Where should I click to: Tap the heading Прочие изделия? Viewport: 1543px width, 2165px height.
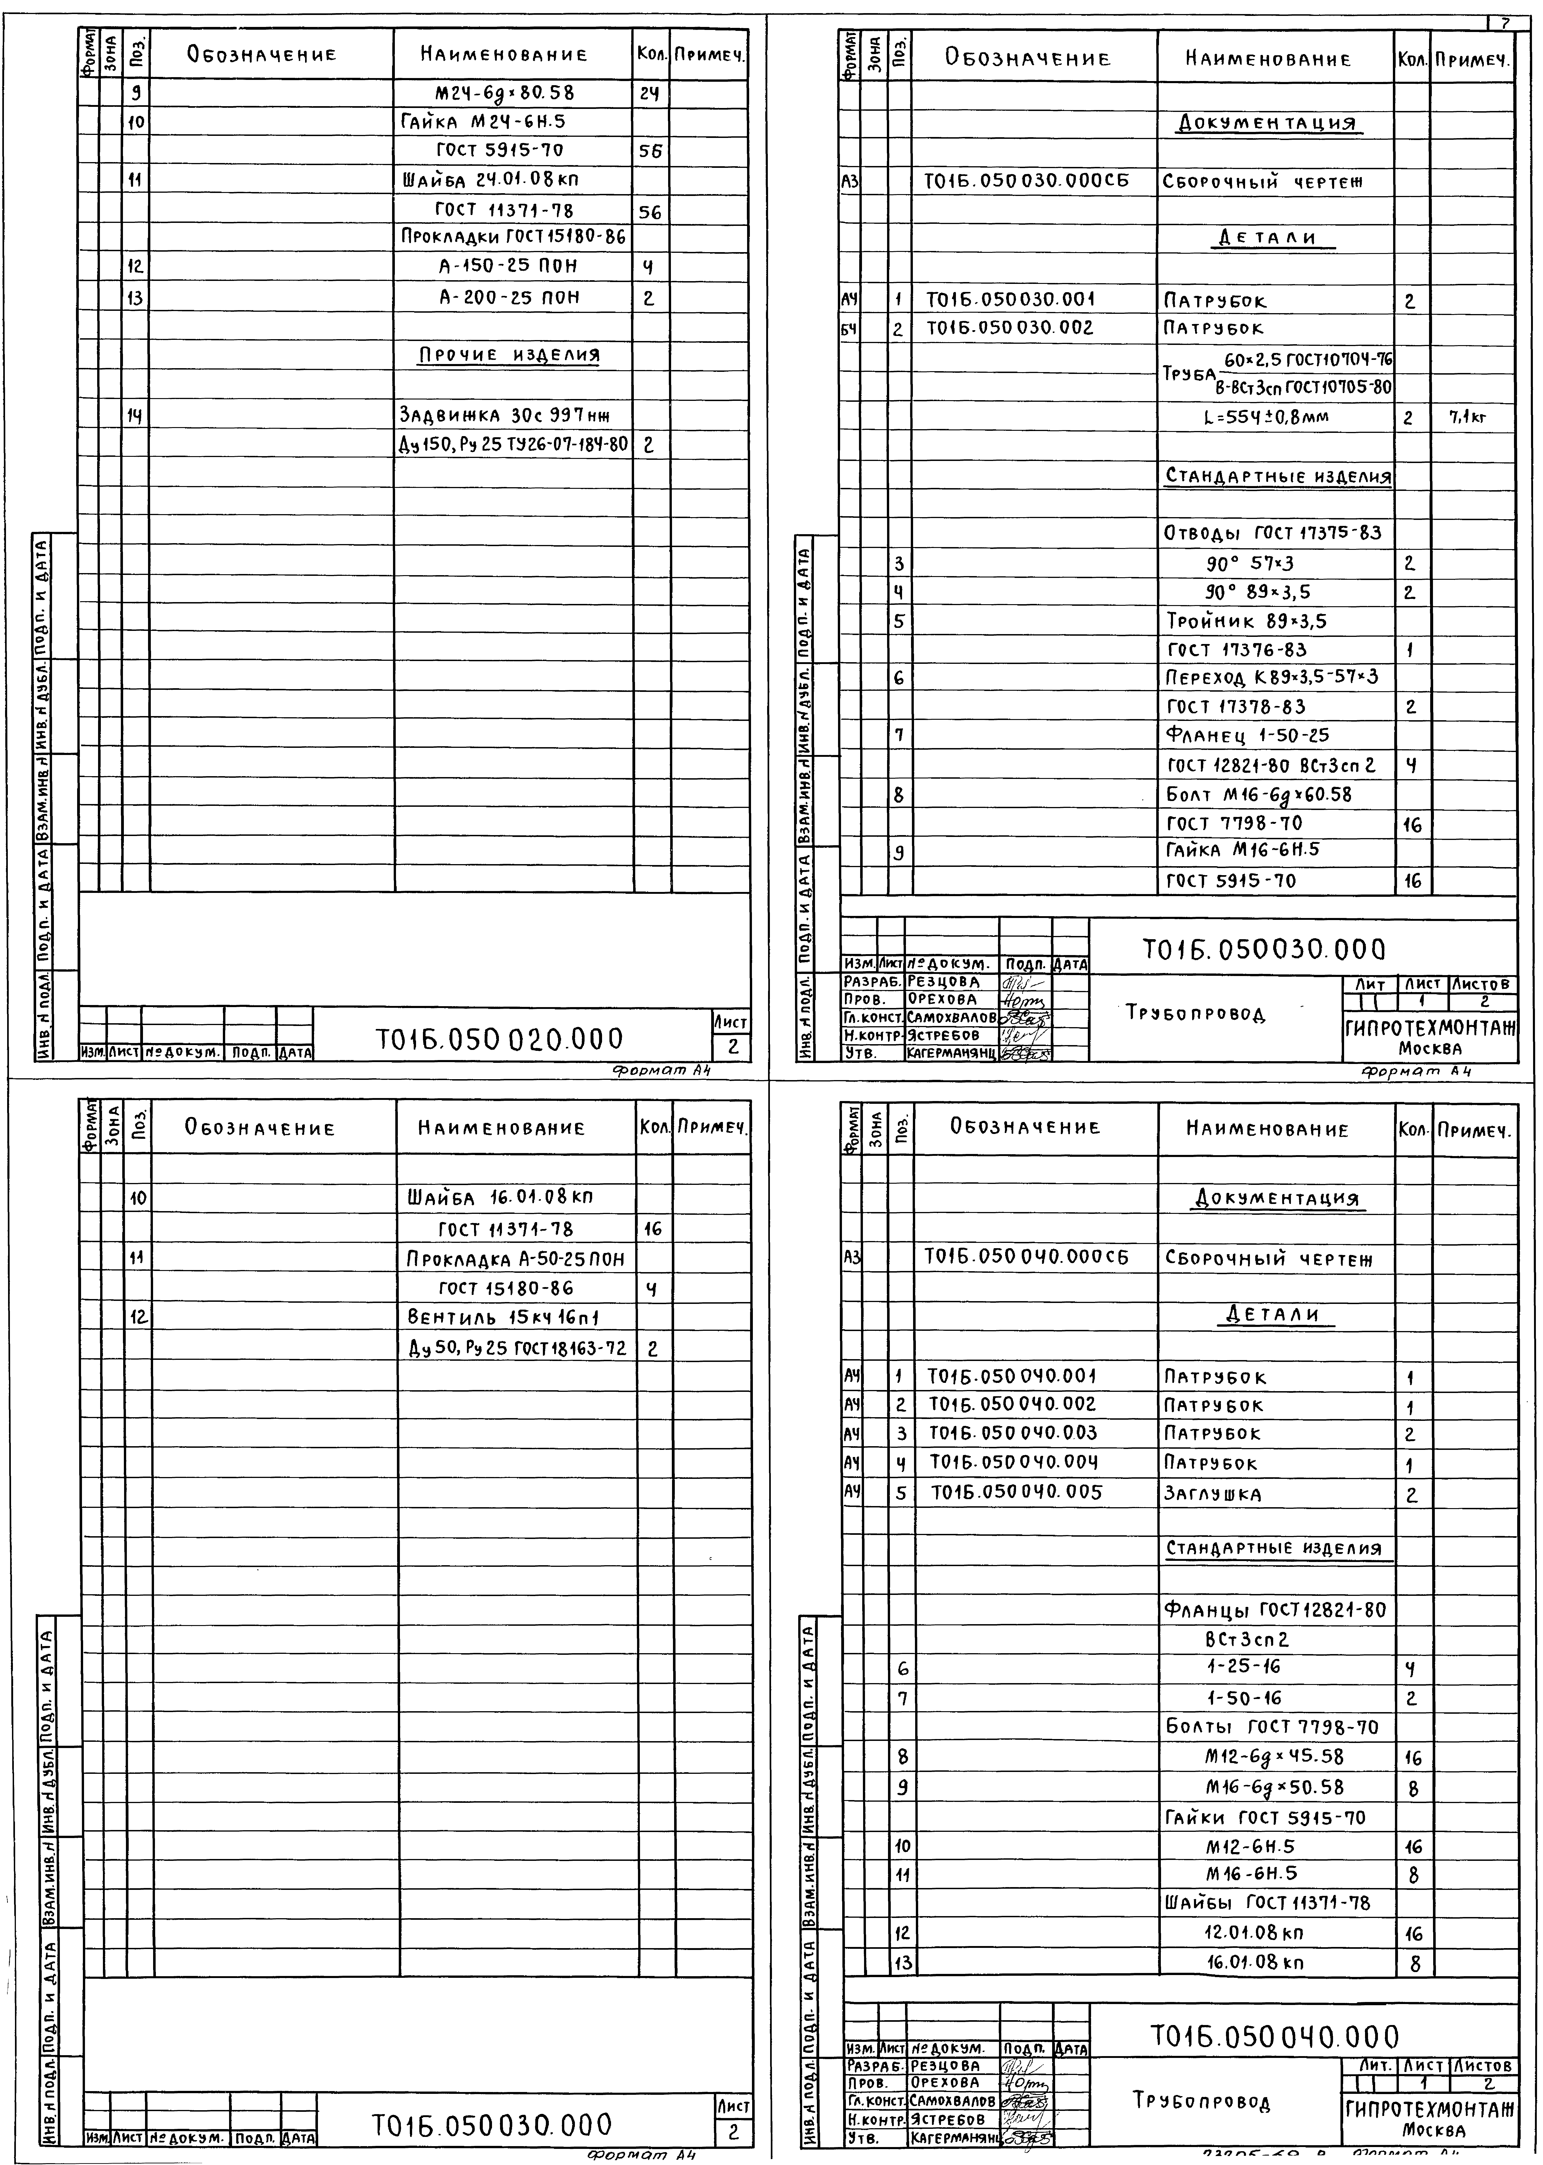coord(510,355)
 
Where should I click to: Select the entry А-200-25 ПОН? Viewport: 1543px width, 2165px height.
coord(509,297)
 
